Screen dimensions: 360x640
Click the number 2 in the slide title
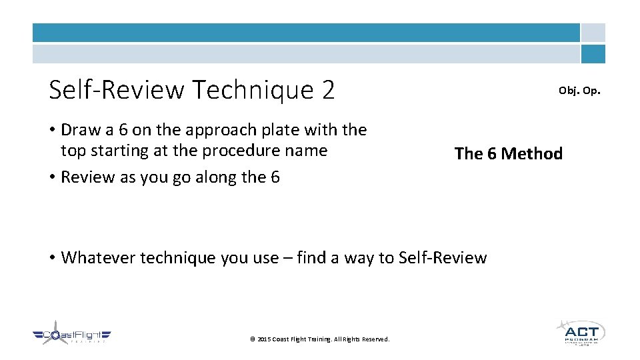[x=327, y=89]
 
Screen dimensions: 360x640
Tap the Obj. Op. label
[x=579, y=90]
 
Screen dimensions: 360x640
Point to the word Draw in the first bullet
[x=80, y=129]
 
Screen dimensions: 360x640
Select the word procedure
[x=241, y=151]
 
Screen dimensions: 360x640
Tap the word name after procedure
[x=307, y=151]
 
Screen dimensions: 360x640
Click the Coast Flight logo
[x=72, y=336]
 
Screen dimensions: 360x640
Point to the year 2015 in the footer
[x=263, y=339]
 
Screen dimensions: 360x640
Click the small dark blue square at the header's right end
[x=593, y=54]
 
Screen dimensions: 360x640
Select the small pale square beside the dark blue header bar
[x=593, y=33]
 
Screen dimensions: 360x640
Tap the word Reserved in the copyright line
[x=375, y=339]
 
